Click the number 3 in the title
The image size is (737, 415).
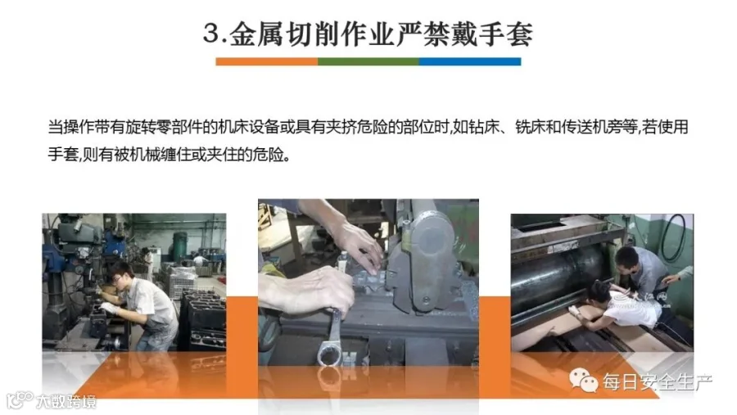(211, 33)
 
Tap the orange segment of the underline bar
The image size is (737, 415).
(266, 61)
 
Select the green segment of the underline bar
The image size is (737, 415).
(368, 61)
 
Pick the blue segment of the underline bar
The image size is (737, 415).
(469, 61)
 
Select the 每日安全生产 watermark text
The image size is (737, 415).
(658, 382)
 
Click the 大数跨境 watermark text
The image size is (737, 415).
(66, 401)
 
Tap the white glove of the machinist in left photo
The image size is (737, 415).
(109, 309)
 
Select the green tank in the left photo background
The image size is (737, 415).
(179, 246)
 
